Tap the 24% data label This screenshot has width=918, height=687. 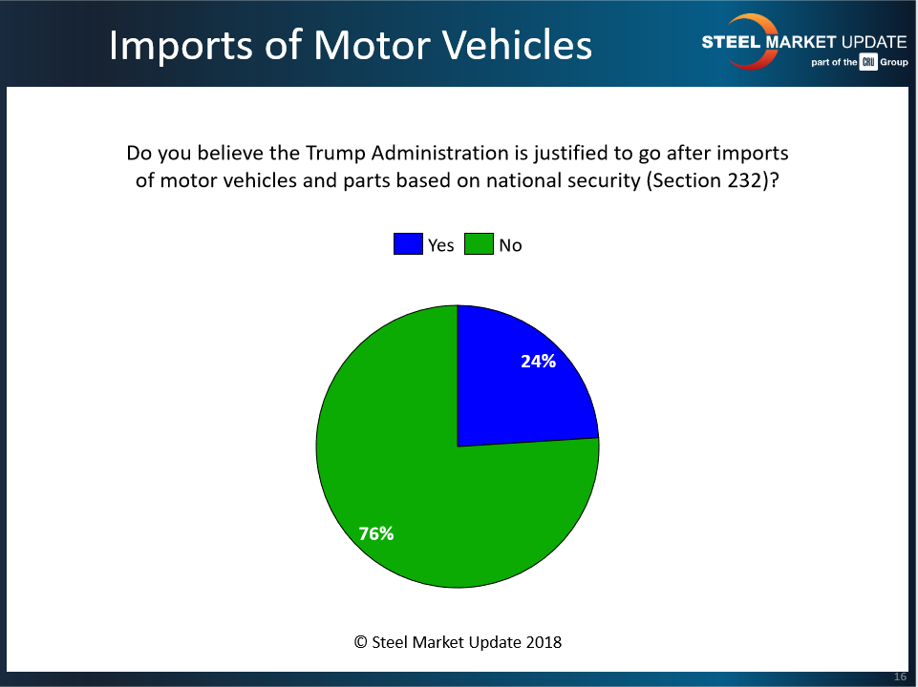[539, 362]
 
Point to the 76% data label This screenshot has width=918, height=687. [376, 533]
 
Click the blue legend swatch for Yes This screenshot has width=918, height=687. [407, 244]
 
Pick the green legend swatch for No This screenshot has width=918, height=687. [479, 244]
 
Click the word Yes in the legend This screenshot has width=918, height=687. [441, 245]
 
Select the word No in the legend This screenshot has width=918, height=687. [510, 245]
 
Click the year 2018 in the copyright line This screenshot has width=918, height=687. [543, 642]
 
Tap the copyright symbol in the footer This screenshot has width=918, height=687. [361, 642]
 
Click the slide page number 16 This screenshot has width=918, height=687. [900, 677]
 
